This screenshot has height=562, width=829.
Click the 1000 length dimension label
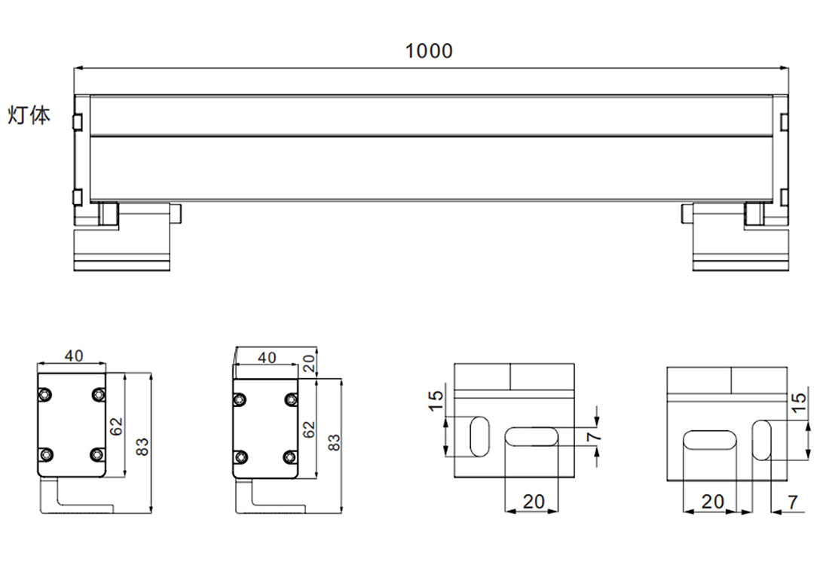click(x=430, y=51)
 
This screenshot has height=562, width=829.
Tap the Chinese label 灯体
click(x=29, y=116)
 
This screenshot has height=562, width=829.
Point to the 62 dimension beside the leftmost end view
click(x=116, y=426)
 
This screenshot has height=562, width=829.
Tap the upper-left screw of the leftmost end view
click(x=46, y=395)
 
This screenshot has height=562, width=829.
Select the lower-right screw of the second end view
click(x=290, y=456)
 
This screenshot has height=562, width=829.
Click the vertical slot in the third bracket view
click(x=479, y=435)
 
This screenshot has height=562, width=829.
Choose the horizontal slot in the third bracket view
click(x=531, y=436)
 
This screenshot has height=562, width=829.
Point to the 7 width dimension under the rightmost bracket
click(x=792, y=501)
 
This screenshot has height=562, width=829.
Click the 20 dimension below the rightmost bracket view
click(x=712, y=501)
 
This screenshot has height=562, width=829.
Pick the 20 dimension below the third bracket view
click(x=532, y=501)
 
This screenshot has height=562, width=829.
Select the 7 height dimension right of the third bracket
click(x=593, y=436)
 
